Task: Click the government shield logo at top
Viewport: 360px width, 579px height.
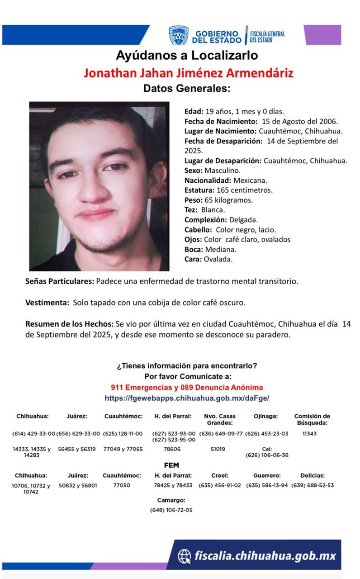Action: [179, 35]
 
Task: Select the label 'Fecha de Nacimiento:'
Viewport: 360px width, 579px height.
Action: [221, 121]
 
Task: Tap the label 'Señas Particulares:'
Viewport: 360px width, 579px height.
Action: [60, 281]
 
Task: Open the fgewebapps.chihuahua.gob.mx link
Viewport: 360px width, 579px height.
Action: [187, 399]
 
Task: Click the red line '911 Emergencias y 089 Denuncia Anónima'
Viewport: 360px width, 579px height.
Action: [187, 388]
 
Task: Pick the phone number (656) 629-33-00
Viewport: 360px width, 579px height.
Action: [78, 433]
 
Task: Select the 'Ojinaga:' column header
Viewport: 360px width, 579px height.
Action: [266, 416]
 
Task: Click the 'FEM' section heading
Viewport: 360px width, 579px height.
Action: [172, 465]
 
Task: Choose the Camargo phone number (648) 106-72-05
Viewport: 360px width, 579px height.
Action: [171, 510]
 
